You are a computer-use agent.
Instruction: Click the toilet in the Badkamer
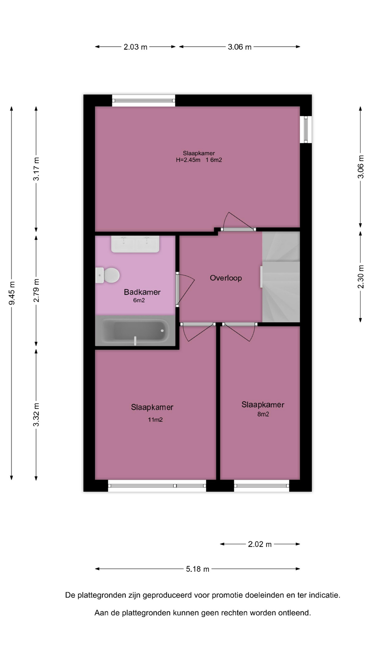[x=107, y=275]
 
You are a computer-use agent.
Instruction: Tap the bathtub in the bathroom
[x=135, y=331]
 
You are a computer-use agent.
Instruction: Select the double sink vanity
[x=135, y=244]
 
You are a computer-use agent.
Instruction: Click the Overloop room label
[x=226, y=278]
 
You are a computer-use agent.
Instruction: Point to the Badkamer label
[x=142, y=292]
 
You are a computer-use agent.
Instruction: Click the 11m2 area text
[x=155, y=419]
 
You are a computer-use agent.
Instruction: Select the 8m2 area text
[x=263, y=414]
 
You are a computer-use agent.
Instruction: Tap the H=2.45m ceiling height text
[x=188, y=160]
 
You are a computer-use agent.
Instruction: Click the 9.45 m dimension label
[x=12, y=293]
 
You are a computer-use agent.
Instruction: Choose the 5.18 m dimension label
[x=198, y=569]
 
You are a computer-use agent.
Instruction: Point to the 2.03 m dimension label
[x=135, y=47]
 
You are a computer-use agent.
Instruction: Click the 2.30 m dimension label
[x=361, y=277]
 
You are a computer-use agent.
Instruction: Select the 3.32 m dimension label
[x=36, y=415]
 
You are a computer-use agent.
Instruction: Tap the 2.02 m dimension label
[x=260, y=544]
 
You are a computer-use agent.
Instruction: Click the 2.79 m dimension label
[x=36, y=290]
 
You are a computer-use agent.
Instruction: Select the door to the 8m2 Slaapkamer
[x=240, y=332]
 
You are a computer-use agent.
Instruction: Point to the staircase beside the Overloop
[x=281, y=277]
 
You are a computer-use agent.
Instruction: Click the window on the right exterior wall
[x=306, y=129]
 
